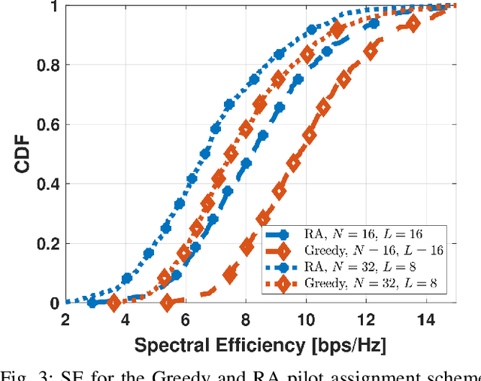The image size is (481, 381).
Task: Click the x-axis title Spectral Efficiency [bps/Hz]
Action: pos(259,346)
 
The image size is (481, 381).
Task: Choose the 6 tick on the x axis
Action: pos(186,319)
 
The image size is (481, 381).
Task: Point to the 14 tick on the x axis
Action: pos(426,319)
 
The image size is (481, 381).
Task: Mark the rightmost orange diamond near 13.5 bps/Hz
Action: pos(411,24)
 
